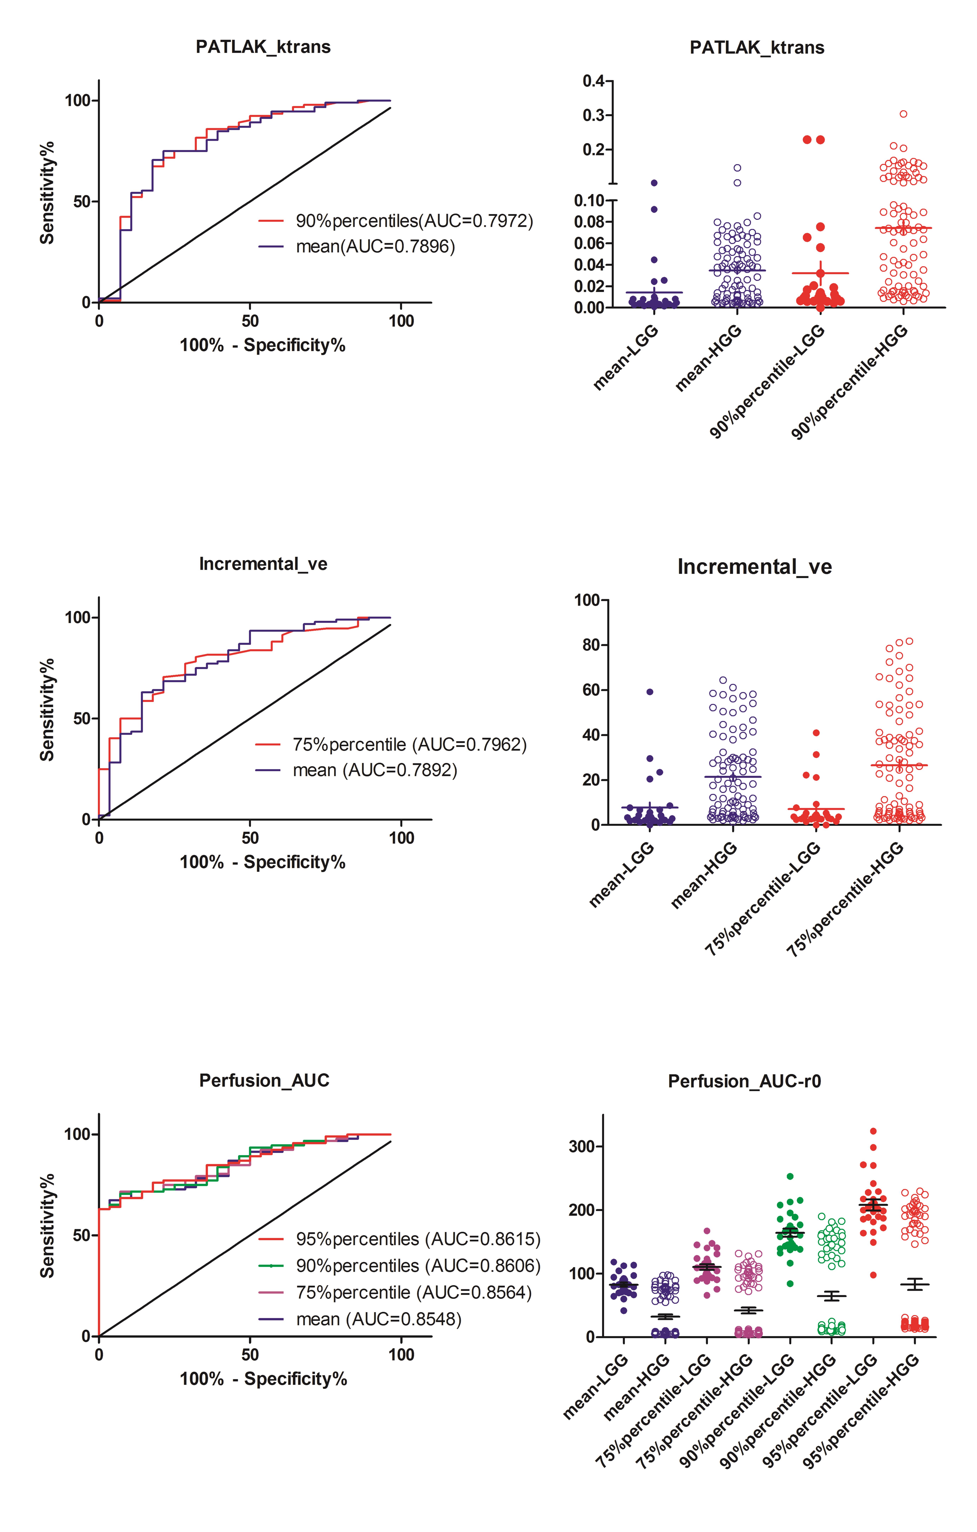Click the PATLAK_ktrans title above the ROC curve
pyautogui.click(x=263, y=47)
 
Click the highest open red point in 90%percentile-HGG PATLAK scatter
pyautogui.click(x=903, y=114)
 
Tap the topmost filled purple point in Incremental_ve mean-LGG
pyautogui.click(x=650, y=692)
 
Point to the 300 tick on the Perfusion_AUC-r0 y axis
pyautogui.click(x=581, y=1146)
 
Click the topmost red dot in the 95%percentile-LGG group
pyautogui.click(x=873, y=1131)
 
